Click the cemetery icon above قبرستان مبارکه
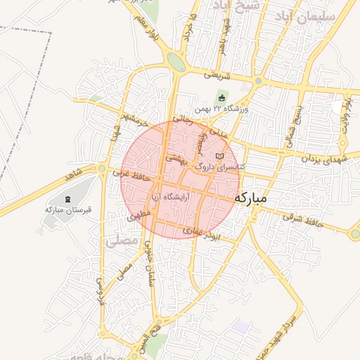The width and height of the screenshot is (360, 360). [68, 199]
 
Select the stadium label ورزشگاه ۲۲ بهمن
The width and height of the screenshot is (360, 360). [232, 108]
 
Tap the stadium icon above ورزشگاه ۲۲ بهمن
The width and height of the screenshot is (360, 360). [222, 98]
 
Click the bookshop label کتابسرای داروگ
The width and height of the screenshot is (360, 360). [219, 166]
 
